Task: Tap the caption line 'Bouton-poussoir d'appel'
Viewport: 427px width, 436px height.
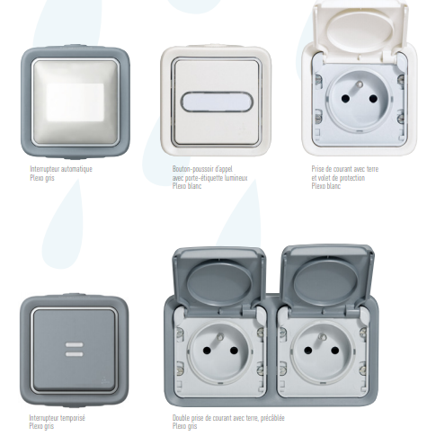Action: pos(202,168)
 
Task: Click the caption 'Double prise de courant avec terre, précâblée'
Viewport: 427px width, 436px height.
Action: pos(229,417)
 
